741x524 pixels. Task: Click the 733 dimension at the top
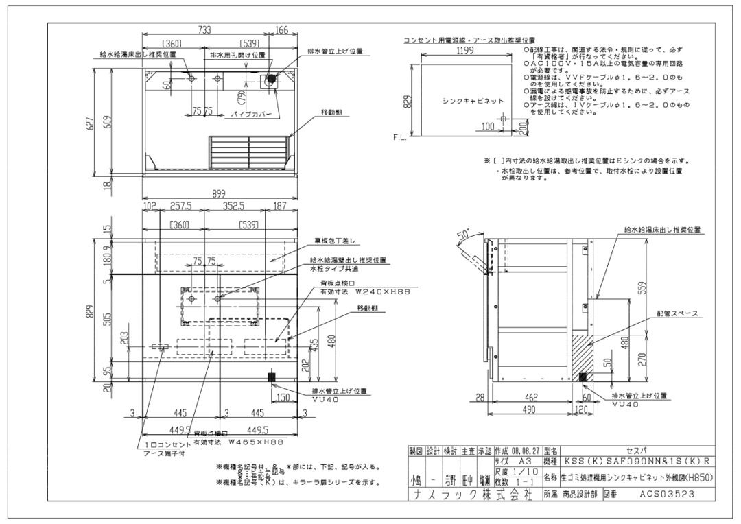(204, 29)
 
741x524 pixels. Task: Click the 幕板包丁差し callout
(336, 241)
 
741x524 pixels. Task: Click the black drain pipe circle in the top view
(271, 79)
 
